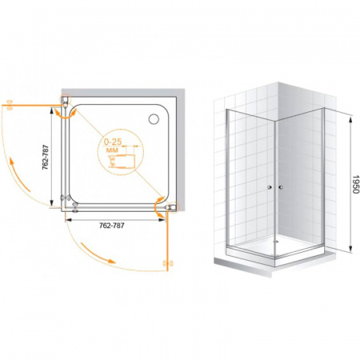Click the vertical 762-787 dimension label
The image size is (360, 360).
coord(46,158)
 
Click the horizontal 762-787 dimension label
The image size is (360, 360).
coord(112,226)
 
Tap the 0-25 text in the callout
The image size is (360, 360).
coord(113,142)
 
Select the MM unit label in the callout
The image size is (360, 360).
coord(112,150)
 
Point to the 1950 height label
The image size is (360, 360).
coord(355,184)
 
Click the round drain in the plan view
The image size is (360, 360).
coord(154,119)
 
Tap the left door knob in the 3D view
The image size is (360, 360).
coord(270,187)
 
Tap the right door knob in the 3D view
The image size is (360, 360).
coord(280,187)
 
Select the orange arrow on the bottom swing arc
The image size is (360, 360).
coord(98,254)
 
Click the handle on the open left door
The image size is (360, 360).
coord(10,106)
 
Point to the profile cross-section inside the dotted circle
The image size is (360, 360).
coord(119,161)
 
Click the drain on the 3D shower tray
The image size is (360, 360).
coord(276,242)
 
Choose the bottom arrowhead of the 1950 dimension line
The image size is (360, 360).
coord(351,249)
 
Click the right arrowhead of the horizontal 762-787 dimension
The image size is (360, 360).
coord(162,219)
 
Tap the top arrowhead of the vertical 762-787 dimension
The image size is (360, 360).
coord(50,110)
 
